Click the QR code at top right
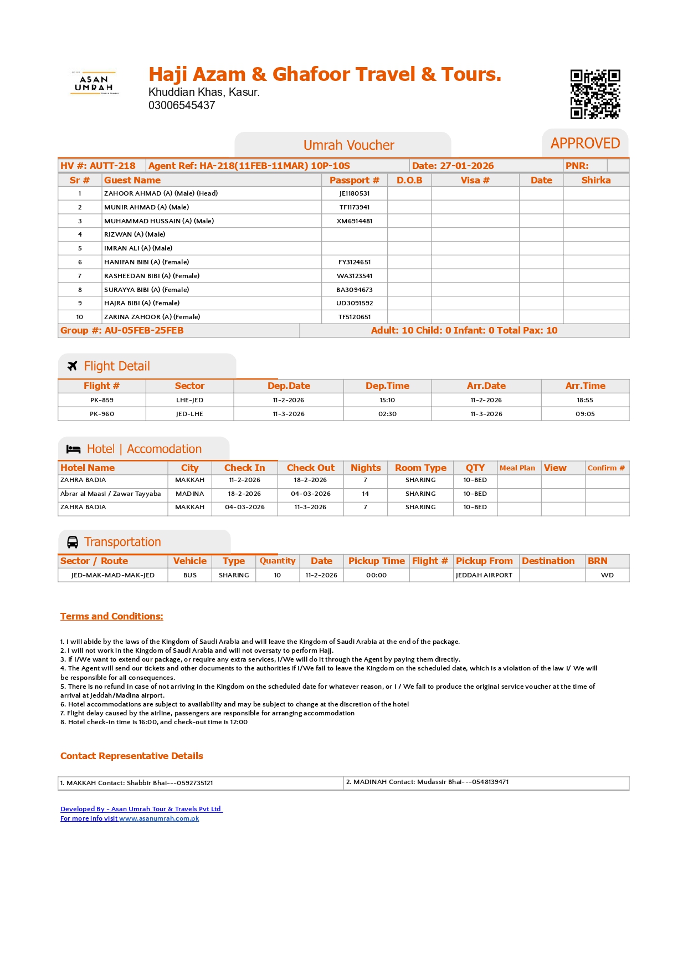595,94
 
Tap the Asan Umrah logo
94,83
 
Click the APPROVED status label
585,144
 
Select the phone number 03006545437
182,105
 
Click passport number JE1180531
355,193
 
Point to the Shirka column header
596,180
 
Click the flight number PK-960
102,414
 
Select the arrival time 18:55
585,400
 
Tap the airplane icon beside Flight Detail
72,366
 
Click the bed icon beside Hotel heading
73,449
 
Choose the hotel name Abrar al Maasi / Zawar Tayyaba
111,494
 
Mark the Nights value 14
366,494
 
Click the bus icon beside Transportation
73,542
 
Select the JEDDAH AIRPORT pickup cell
484,575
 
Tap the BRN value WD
607,575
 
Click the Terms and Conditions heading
112,616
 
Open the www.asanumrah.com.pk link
159,818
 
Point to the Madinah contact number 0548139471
490,782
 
